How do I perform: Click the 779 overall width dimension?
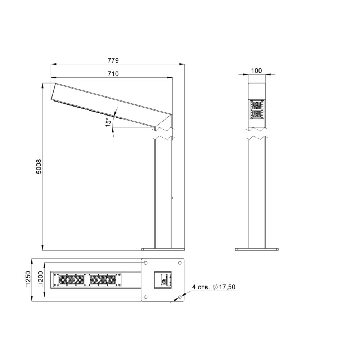point(113,60)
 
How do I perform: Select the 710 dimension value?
point(113,74)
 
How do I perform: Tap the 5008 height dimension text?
point(39,166)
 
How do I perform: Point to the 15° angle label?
point(109,122)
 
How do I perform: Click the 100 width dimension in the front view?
point(256,71)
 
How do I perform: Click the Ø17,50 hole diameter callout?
point(224,287)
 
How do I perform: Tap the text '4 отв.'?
point(201,287)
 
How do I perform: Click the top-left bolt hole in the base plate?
point(145,263)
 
